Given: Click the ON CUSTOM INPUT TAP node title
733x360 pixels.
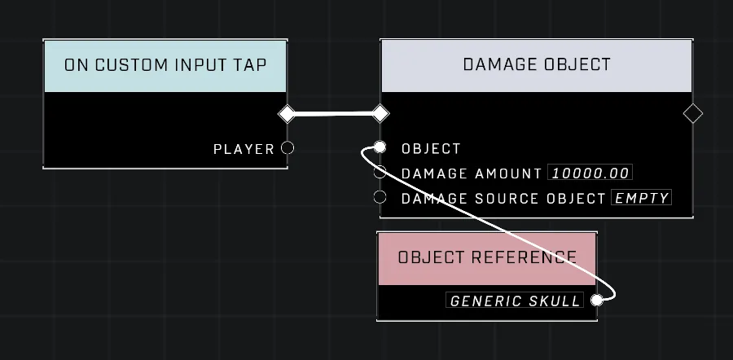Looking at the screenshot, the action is (165, 65).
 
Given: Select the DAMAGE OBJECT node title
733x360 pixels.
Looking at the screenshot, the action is (537, 64).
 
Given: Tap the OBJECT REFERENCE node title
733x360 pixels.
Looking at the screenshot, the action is (487, 257).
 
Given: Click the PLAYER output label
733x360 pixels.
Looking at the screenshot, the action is (244, 149).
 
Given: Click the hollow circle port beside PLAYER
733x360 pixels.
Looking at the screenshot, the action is (287, 147).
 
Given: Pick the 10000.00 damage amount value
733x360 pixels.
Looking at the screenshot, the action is (590, 173).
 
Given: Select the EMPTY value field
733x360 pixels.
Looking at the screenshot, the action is (642, 198).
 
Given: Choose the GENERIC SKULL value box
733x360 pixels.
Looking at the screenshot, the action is (515, 301).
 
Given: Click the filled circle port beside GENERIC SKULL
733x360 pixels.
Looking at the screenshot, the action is (597, 301).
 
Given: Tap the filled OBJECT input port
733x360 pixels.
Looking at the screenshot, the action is (380, 147).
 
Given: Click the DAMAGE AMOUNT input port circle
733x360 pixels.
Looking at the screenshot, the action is (380, 172).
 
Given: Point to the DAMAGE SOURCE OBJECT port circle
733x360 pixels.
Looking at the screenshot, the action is (380, 197).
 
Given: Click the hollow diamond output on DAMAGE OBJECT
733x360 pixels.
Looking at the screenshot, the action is (693, 113).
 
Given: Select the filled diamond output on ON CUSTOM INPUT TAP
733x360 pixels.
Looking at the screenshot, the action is (287, 113).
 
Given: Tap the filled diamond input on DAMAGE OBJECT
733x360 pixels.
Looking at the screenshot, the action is (380, 113).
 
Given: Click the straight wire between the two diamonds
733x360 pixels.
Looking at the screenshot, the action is (333, 113).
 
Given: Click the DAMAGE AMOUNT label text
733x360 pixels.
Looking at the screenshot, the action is (472, 173).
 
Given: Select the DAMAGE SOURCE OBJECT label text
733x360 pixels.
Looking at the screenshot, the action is (503, 199).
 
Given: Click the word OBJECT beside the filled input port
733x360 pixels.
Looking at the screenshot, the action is (431, 149).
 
